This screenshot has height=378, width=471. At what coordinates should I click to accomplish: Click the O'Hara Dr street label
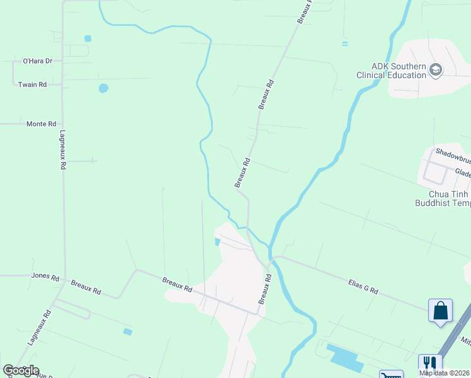pyautogui.click(x=37, y=61)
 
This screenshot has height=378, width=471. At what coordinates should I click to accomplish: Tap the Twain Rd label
pyautogui.click(x=33, y=84)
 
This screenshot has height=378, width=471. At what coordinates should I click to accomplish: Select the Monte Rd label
pyautogui.click(x=42, y=124)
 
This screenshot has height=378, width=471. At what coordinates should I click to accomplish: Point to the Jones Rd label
pyautogui.click(x=45, y=276)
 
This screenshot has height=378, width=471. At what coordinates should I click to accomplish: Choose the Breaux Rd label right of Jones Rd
pyautogui.click(x=86, y=287)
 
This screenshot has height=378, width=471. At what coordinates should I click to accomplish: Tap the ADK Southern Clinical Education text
pyautogui.click(x=391, y=71)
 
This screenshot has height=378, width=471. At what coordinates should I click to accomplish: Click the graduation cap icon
pyautogui.click(x=436, y=69)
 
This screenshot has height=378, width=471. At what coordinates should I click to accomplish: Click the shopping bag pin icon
pyautogui.click(x=440, y=311)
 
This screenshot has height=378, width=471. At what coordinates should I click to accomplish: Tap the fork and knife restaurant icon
pyautogui.click(x=429, y=364)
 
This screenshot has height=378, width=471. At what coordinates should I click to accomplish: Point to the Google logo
pyautogui.click(x=21, y=370)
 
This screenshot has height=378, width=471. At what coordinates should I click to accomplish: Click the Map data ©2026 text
pyautogui.click(x=445, y=373)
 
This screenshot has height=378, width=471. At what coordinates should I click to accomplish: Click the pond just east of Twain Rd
pyautogui.click(x=103, y=88)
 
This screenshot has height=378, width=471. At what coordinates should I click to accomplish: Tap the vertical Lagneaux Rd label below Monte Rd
pyautogui.click(x=63, y=151)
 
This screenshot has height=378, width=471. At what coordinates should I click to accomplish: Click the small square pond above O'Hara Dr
pyautogui.click(x=88, y=38)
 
